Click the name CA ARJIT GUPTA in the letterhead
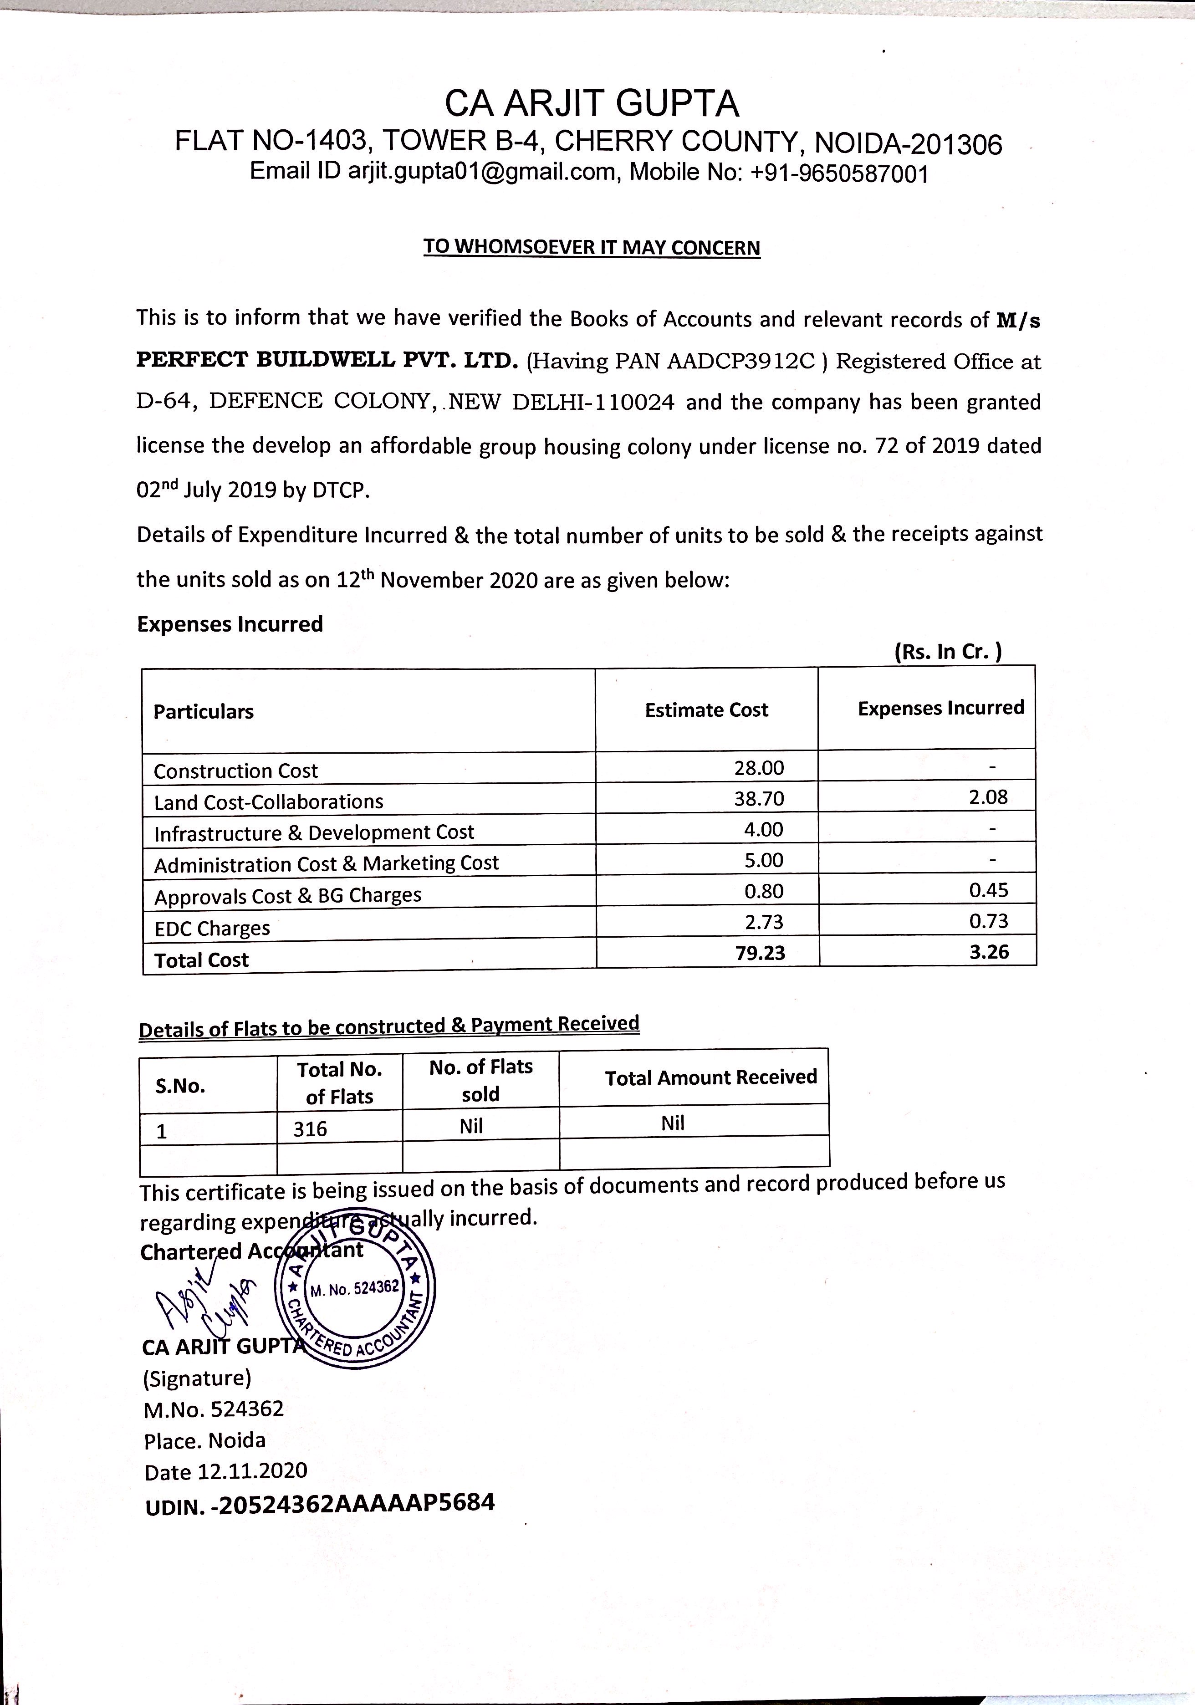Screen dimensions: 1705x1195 pos(592,104)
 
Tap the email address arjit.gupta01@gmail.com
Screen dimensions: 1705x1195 pos(482,172)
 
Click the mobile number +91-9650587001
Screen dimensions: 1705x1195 pos(839,174)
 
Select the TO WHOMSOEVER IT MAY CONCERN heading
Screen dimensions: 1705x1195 pos(592,247)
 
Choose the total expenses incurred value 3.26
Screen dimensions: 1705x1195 pos(989,952)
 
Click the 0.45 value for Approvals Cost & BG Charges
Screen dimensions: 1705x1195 pos(989,890)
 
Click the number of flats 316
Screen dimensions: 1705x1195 pos(311,1129)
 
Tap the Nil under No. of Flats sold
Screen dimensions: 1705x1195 pos(471,1127)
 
